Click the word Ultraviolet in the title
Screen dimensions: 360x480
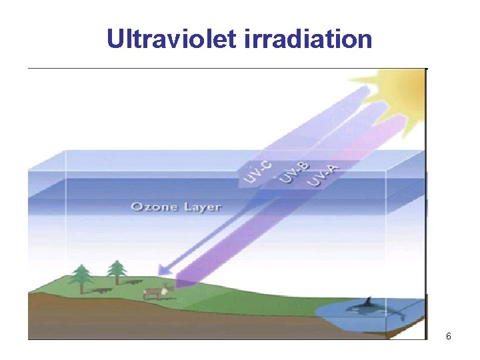pos(169,39)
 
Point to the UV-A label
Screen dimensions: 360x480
pos(325,176)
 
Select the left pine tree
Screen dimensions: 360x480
pos(81,276)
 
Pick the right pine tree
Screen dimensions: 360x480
pos(117,271)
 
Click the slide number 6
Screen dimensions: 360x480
pos(449,337)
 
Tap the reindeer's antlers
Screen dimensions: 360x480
pos(167,285)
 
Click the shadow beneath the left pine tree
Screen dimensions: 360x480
pos(101,291)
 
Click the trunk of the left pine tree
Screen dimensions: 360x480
pos(82,288)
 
